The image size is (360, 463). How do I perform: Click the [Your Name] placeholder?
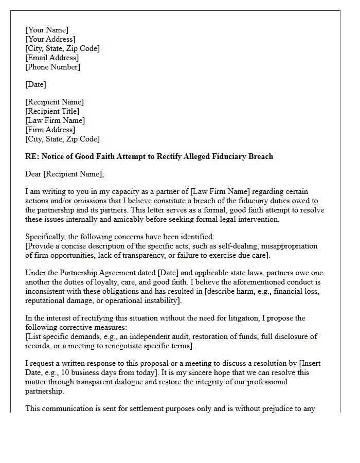tap(47, 30)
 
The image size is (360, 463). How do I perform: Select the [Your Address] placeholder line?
tap(50, 39)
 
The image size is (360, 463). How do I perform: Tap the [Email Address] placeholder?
tap(52, 58)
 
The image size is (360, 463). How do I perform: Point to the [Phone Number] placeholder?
tap(52, 67)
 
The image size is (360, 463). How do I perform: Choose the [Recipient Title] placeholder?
tap(52, 111)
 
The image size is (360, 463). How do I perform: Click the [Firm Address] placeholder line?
tap(50, 130)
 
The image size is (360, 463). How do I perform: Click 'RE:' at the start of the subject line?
tap(32, 156)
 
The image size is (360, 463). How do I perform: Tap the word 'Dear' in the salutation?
tap(33, 174)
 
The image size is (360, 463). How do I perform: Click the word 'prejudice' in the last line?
tap(296, 409)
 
